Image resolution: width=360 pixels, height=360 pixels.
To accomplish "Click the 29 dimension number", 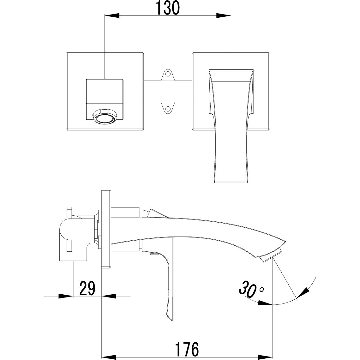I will (87, 288).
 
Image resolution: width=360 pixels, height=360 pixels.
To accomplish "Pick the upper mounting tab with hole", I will (167, 75).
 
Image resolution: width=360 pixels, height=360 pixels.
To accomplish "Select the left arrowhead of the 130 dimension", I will (111, 15).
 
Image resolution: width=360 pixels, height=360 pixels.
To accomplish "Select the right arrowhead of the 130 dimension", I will (224, 15).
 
